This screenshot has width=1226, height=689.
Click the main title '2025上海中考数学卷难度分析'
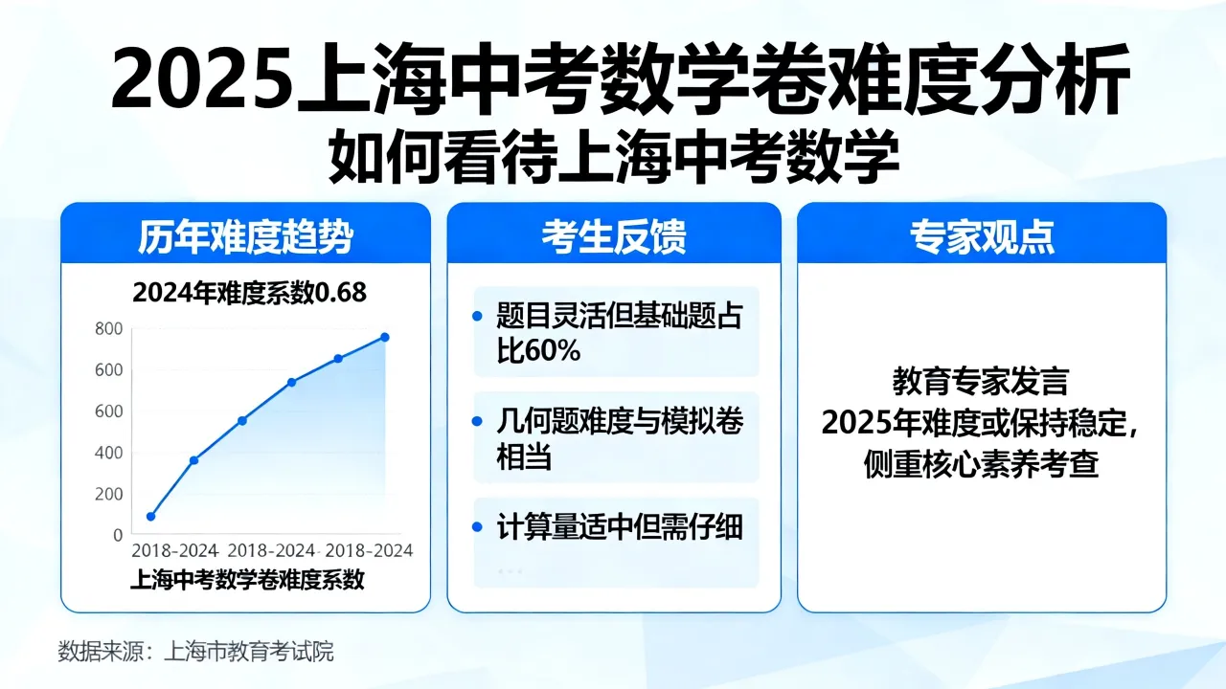tap(620, 79)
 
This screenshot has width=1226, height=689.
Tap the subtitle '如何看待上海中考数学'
tap(614, 156)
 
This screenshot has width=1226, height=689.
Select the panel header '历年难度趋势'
tap(245, 237)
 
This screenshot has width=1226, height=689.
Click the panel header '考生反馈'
tap(614, 237)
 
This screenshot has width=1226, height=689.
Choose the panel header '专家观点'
tap(982, 237)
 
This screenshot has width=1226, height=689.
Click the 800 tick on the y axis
tap(108, 328)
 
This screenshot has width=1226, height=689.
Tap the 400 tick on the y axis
tap(108, 453)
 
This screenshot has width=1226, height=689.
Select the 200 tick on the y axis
tap(108, 494)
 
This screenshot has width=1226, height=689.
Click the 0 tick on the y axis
tap(118, 535)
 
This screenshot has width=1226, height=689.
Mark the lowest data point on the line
tap(151, 516)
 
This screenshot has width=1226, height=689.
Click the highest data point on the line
tap(385, 338)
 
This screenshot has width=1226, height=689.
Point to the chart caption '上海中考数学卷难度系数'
tap(247, 580)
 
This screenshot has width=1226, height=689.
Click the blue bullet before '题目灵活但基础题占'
tap(477, 316)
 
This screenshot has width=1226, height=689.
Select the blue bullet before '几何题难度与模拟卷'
tap(477, 421)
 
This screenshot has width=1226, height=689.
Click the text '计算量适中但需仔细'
tap(620, 527)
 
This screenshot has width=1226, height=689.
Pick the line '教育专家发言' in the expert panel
tap(981, 382)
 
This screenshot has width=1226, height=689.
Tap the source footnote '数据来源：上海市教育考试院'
tap(195, 652)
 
